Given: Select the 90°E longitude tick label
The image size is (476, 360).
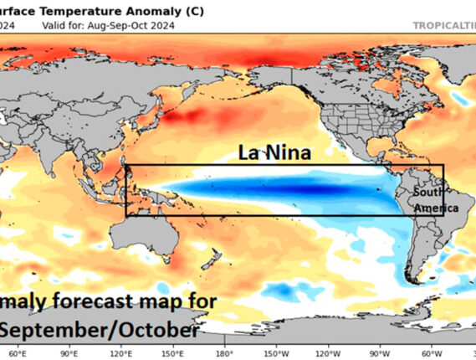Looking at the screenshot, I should tap(70, 353).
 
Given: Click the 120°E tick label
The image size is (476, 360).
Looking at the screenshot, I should tap(122, 353).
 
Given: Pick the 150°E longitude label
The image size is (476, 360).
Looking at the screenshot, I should tap(174, 353).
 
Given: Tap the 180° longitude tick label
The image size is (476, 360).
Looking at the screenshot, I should tap(224, 353).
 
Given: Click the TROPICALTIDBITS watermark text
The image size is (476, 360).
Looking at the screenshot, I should tap(444, 25).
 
